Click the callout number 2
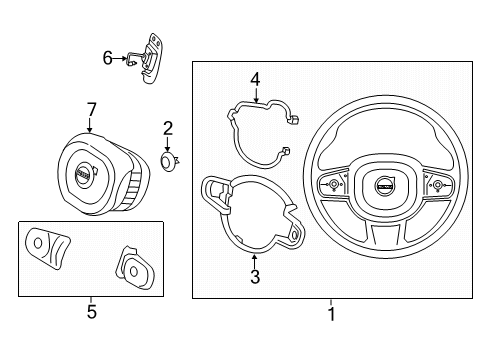point(168,127)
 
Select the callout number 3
point(254,277)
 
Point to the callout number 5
point(91,312)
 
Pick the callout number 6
point(108,59)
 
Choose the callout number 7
point(90,108)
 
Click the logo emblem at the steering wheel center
point(384,184)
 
